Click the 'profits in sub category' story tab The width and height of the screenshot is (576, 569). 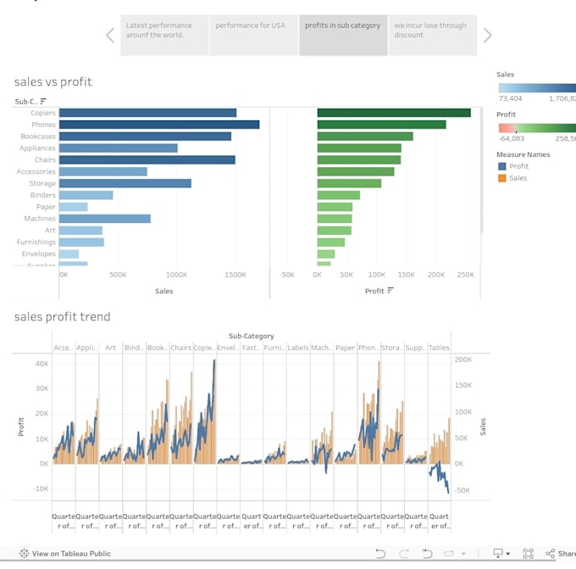click(x=342, y=35)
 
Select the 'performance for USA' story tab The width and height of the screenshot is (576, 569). click(x=252, y=35)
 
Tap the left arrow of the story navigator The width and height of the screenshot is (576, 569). click(x=110, y=35)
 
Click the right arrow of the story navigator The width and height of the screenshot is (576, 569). click(x=487, y=35)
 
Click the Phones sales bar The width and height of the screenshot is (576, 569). click(x=159, y=125)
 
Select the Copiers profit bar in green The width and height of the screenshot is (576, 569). click(x=393, y=113)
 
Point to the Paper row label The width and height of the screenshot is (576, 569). click(x=46, y=207)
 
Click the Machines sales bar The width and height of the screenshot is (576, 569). click(x=104, y=219)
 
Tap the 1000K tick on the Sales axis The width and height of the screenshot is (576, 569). click(x=176, y=276)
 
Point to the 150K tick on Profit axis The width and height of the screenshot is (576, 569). click(x=406, y=276)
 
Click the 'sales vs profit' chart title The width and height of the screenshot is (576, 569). click(x=53, y=82)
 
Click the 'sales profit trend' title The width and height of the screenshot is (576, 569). click(x=62, y=317)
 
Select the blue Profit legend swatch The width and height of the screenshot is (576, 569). click(x=501, y=166)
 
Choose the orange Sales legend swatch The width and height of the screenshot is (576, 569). click(x=501, y=178)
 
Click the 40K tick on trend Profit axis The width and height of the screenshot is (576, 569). click(x=42, y=363)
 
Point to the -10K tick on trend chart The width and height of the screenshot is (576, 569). click(x=40, y=488)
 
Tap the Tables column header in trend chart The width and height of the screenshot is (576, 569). click(x=439, y=348)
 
